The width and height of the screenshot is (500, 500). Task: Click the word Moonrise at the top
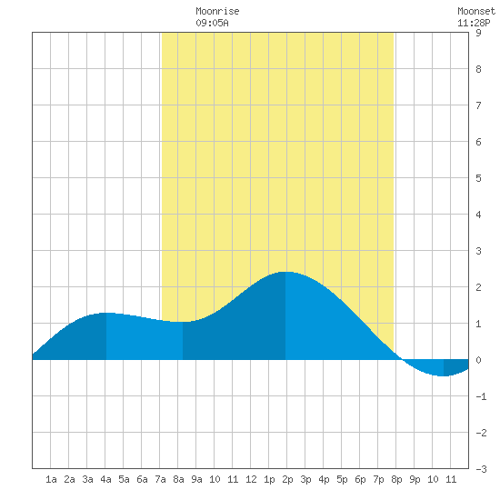click(217, 11)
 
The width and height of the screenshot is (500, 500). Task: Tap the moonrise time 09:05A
click(212, 23)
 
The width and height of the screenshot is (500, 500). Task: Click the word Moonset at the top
click(476, 11)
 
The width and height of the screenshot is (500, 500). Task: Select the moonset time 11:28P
click(474, 23)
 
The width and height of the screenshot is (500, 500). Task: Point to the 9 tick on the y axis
click(478, 33)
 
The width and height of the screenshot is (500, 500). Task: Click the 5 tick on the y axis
click(478, 178)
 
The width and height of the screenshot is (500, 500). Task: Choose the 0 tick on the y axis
click(478, 360)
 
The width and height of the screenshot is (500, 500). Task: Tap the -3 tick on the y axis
click(481, 469)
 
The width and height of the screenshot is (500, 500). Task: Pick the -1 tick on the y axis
click(481, 396)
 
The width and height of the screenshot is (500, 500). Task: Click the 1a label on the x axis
click(51, 479)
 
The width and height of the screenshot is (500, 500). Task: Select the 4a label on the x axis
click(105, 479)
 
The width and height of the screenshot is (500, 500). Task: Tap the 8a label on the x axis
click(178, 479)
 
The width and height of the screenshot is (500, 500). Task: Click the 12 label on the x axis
click(251, 479)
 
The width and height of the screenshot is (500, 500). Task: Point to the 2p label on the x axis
click(287, 479)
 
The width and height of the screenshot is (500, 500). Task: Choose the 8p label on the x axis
click(396, 479)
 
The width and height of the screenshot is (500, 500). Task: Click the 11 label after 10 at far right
click(451, 479)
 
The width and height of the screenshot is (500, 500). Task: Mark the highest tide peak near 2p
click(285, 272)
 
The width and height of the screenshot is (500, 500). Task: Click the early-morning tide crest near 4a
click(105, 313)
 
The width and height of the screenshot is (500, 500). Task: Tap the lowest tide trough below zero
click(444, 375)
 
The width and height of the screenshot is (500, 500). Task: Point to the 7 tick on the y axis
click(478, 105)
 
